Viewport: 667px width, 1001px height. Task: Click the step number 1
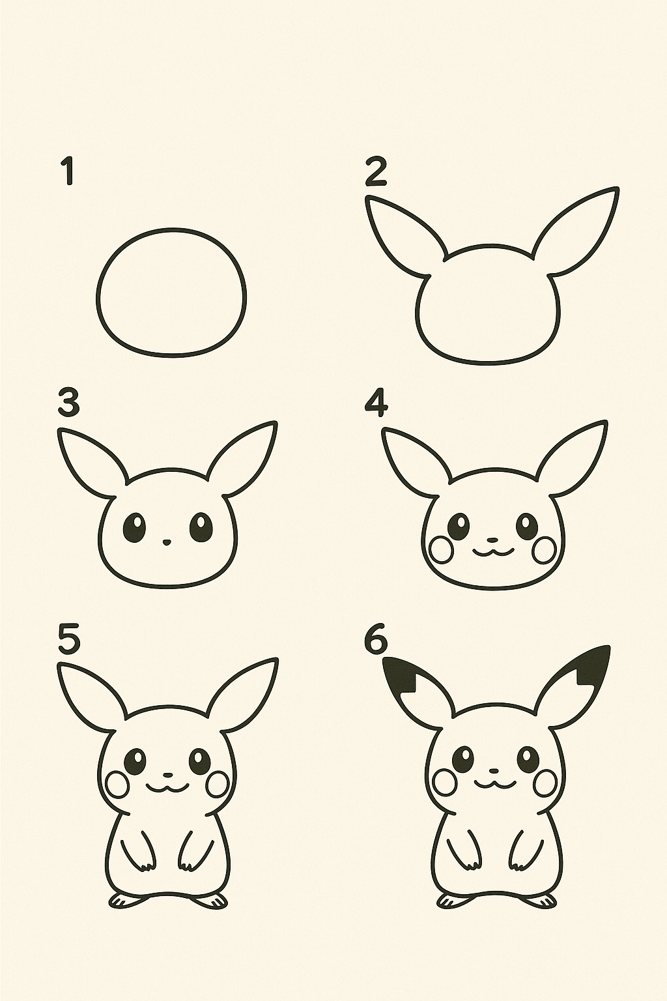click(68, 171)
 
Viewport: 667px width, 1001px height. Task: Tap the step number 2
click(376, 172)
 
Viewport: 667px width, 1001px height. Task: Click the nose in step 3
click(167, 542)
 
